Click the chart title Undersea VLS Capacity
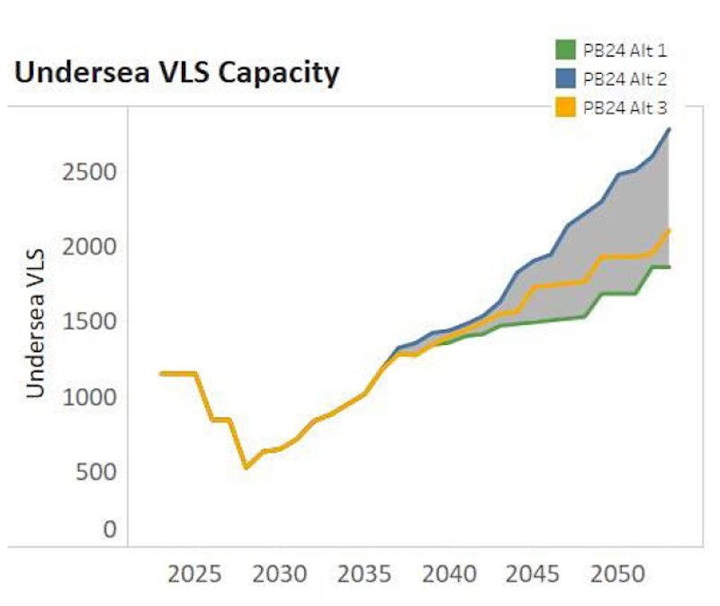tap(177, 74)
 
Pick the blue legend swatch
tap(565, 78)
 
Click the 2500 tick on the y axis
tap(90, 171)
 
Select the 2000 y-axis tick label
tap(90, 246)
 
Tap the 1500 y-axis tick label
tap(90, 321)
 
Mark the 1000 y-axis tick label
tap(90, 396)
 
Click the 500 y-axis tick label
tap(97, 471)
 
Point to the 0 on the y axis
tap(110, 529)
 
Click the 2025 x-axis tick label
tap(194, 574)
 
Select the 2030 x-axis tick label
tap(279, 574)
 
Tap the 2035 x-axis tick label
tap(364, 574)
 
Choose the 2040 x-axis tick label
tap(448, 574)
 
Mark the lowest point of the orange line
tap(246, 467)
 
